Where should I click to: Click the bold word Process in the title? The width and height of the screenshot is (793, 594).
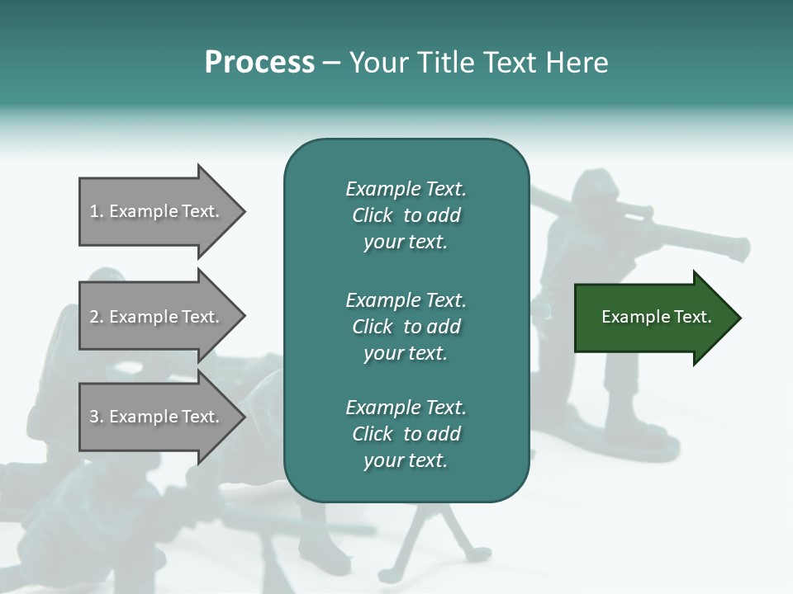pyautogui.click(x=259, y=63)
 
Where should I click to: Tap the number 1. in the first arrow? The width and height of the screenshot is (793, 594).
pyautogui.click(x=96, y=211)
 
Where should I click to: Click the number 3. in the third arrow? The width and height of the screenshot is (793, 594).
pyautogui.click(x=96, y=417)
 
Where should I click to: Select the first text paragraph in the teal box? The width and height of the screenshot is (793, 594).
pyautogui.click(x=406, y=215)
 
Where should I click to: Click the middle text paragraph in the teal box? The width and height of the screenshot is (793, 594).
pyautogui.click(x=406, y=326)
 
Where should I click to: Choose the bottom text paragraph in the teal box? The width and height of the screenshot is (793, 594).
pyautogui.click(x=406, y=434)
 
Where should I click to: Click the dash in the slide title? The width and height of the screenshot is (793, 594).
pyautogui.click(x=331, y=63)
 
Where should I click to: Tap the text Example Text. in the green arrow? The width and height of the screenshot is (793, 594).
pyautogui.click(x=656, y=317)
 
